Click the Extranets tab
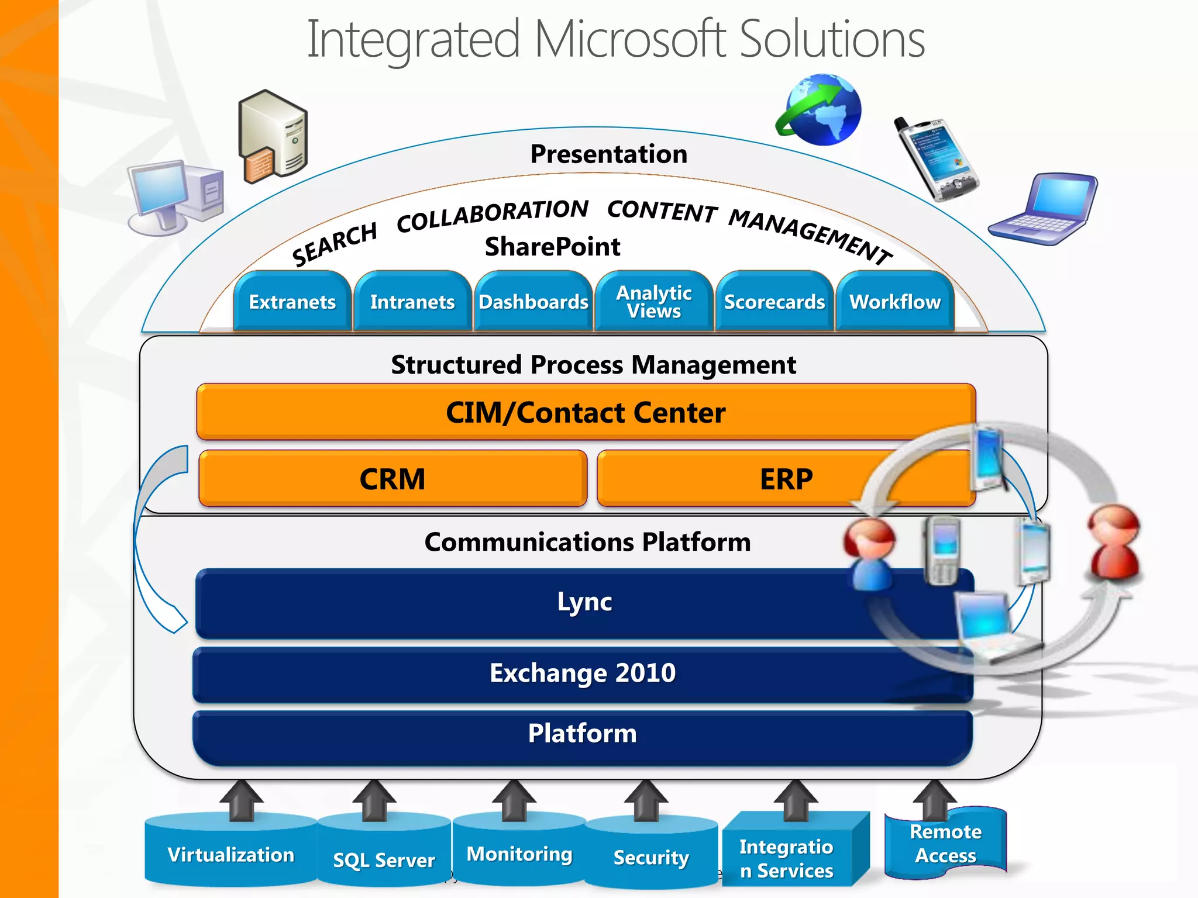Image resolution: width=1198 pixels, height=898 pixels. [x=292, y=302]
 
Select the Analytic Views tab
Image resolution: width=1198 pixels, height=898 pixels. [x=653, y=302]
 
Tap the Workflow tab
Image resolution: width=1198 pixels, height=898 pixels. [x=894, y=302]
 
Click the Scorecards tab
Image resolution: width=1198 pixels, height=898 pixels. [x=774, y=302]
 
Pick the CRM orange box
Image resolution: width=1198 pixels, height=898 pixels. [x=392, y=479]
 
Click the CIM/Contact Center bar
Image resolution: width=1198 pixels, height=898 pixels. [x=585, y=413]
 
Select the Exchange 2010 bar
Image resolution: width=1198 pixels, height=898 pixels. [x=582, y=673]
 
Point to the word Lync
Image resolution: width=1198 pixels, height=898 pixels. [x=584, y=602]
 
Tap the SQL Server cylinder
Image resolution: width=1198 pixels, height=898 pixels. [x=384, y=859]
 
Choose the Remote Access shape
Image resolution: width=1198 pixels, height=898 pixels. [x=945, y=844]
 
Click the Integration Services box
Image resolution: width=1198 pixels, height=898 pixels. [x=786, y=858]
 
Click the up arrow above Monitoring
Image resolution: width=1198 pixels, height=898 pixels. [x=514, y=801]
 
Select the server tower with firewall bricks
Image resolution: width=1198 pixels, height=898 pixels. [x=273, y=136]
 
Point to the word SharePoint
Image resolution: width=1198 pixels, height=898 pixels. [x=552, y=247]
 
